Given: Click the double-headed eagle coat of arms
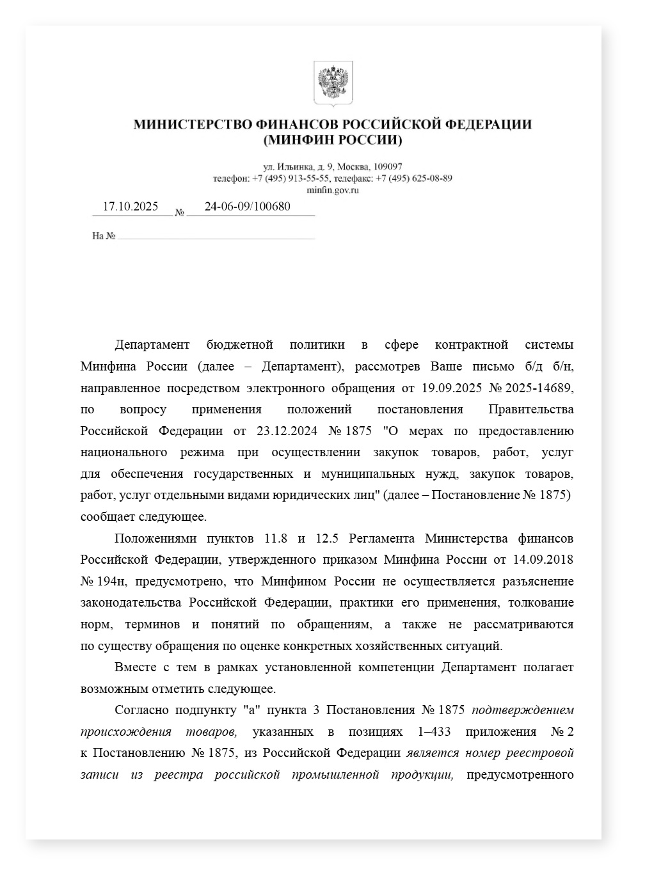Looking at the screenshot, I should pyautogui.click(x=333, y=83).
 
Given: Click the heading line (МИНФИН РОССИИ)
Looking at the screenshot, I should pyautogui.click(x=332, y=140).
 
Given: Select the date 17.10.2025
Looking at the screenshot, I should pyautogui.click(x=131, y=207).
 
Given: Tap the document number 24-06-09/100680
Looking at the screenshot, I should pyautogui.click(x=247, y=207).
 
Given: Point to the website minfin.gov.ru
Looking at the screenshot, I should pyautogui.click(x=332, y=190).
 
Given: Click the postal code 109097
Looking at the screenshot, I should pyautogui.click(x=388, y=166).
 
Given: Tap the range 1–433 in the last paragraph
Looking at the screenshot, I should pyautogui.click(x=434, y=731).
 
